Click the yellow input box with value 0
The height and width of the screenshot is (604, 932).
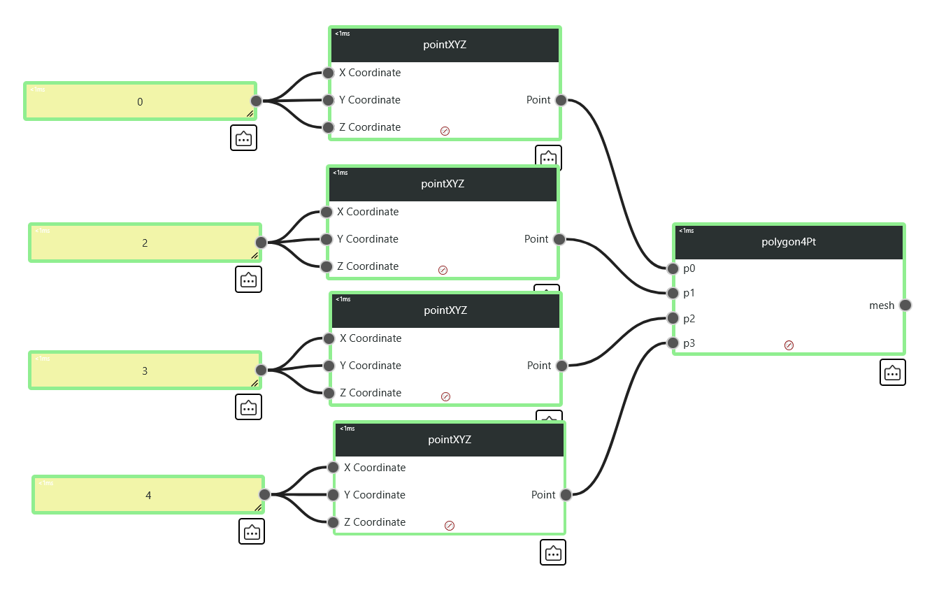point(140,101)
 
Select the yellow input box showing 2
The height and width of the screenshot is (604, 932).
point(145,243)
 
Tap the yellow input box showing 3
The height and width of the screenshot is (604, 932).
point(145,371)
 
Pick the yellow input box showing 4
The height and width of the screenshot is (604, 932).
point(148,495)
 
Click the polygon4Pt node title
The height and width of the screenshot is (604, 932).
point(789,242)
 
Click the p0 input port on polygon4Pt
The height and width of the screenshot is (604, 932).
point(673,268)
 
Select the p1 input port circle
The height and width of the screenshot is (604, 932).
point(673,294)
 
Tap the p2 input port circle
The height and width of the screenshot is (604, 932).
point(673,318)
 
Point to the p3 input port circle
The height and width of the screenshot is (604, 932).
point(673,343)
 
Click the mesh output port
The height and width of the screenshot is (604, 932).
point(905,305)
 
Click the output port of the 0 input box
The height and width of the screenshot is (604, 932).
point(257,101)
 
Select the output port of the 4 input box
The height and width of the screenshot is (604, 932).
point(264,495)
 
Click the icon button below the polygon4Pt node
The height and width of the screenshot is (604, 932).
point(892,373)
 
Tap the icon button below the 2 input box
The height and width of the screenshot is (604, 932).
point(248,280)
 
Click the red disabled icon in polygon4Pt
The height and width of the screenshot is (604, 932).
point(789,345)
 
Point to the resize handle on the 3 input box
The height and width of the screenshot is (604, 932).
point(254,383)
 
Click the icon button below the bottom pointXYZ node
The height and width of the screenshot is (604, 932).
point(553,552)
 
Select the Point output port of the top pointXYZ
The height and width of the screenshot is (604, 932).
point(561,100)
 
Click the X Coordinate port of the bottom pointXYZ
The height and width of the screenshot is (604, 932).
point(333,468)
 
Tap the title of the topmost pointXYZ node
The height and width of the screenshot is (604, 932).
point(445,45)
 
